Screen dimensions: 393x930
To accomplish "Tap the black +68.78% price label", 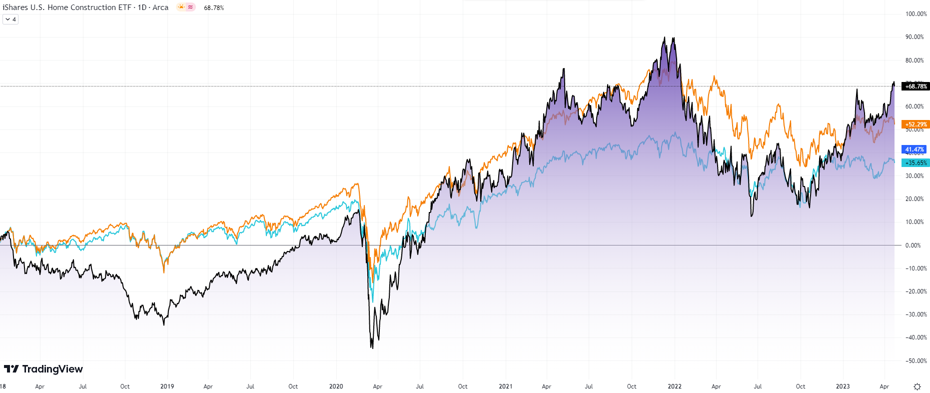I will tap(916, 86).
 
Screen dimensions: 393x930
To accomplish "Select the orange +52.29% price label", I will tap(916, 124).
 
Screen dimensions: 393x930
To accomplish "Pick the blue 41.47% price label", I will tap(915, 149).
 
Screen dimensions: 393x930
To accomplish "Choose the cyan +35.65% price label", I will tap(916, 163).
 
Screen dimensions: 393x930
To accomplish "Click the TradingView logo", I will tap(43, 369).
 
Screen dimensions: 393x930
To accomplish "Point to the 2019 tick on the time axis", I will tap(167, 386).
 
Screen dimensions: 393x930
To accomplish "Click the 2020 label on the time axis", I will tap(336, 386).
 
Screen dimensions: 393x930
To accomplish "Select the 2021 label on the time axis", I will tap(505, 386).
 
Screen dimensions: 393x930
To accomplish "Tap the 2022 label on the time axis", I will tap(674, 386).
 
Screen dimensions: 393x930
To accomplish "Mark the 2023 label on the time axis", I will tap(843, 386).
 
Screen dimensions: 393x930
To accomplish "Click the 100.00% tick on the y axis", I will tap(916, 14).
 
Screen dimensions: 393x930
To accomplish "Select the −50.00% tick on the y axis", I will tap(916, 361).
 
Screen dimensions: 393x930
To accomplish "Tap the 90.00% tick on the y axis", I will tap(915, 37).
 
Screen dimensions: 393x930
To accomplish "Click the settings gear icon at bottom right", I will tap(917, 386).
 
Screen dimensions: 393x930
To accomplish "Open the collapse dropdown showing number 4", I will tap(10, 19).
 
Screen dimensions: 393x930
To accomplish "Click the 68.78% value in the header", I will tap(214, 8).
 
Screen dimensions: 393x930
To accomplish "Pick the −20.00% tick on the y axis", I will tap(916, 291).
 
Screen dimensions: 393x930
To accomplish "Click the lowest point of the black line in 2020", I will tap(372, 347).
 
